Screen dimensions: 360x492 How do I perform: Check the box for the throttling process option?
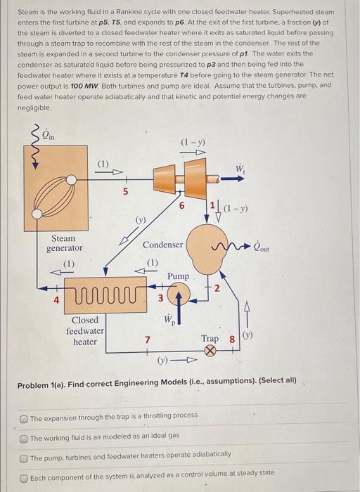pos(23,419)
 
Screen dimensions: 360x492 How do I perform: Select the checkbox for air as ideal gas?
pos(23,439)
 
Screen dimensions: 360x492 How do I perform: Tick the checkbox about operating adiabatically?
pos(23,459)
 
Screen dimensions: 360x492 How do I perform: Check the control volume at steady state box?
pos(23,479)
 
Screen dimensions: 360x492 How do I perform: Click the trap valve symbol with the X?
pos(210,351)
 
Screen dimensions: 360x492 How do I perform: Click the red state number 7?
pos(147,339)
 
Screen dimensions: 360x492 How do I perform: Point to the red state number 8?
pos(232,339)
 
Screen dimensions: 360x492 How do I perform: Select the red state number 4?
pos(56,300)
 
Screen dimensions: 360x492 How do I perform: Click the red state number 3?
pos(160,298)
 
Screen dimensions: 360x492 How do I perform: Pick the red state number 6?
pos(181,206)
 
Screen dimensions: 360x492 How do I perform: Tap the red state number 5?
pos(125,192)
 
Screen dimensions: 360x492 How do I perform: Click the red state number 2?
pos(217,288)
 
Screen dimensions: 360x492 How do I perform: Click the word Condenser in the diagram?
pos(162,245)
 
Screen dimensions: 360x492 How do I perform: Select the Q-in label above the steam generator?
pos(49,135)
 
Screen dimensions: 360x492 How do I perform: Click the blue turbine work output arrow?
pos(232,179)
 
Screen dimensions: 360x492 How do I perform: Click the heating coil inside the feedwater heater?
pos(105,296)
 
